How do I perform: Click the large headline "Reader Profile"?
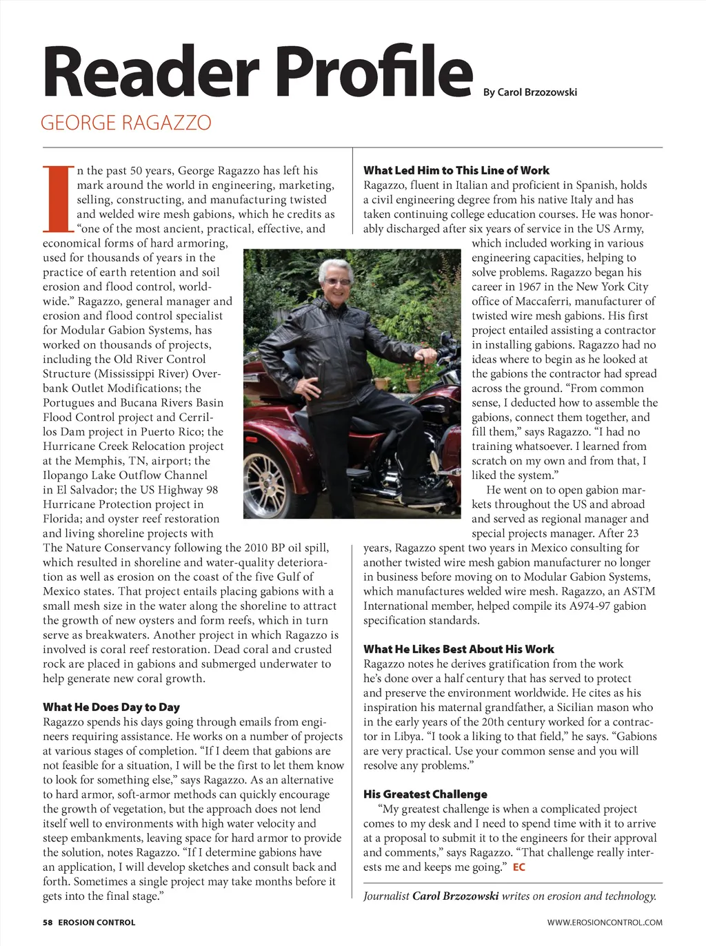[257, 72]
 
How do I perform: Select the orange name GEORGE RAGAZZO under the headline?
[126, 123]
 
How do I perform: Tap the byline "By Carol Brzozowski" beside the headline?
[529, 92]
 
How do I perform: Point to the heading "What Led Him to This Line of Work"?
[456, 170]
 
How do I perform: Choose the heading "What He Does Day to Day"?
[111, 707]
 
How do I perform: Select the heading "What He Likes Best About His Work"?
[458, 649]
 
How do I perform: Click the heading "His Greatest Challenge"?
[425, 794]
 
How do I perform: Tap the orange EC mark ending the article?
[518, 867]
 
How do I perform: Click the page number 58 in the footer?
[48, 922]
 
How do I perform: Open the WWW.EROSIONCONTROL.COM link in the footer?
[605, 922]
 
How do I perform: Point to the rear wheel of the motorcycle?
[267, 475]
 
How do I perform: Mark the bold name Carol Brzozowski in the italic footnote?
[455, 896]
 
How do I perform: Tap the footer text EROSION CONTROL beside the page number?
[97, 922]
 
